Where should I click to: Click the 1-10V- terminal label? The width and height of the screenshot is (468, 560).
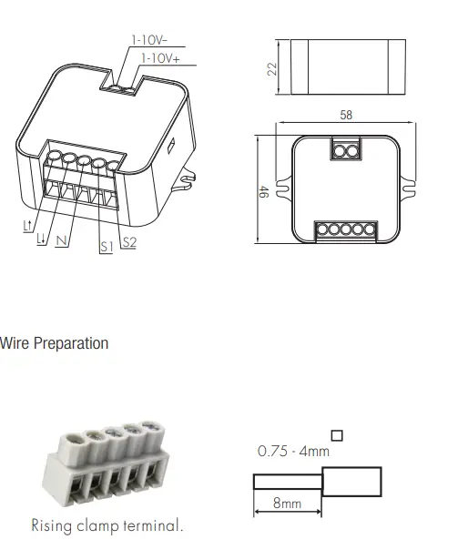click(x=149, y=40)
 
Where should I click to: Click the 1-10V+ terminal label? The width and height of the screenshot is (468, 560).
click(x=160, y=58)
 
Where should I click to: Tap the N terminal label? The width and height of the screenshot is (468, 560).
click(x=61, y=241)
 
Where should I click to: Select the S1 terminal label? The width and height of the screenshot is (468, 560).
click(x=107, y=247)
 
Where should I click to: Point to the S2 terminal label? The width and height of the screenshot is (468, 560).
click(x=129, y=242)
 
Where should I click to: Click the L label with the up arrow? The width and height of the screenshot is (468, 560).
click(x=27, y=226)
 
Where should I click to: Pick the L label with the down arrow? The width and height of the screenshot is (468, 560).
click(x=42, y=239)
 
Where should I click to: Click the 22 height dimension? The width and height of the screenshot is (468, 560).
click(x=272, y=68)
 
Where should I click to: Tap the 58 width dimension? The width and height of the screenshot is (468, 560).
click(x=346, y=115)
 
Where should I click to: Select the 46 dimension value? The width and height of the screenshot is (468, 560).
click(x=264, y=192)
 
